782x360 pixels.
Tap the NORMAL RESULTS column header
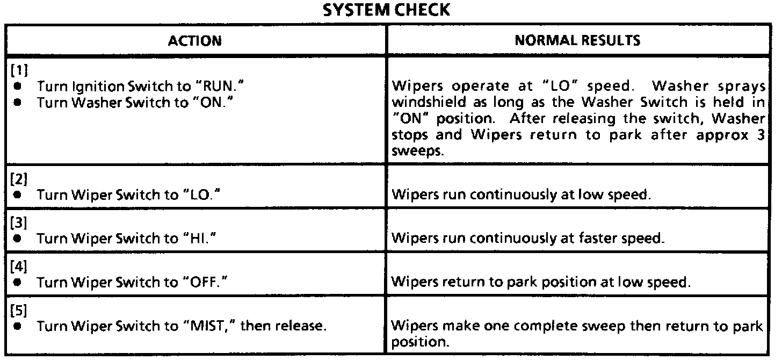(577, 41)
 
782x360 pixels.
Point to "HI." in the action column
(196, 239)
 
